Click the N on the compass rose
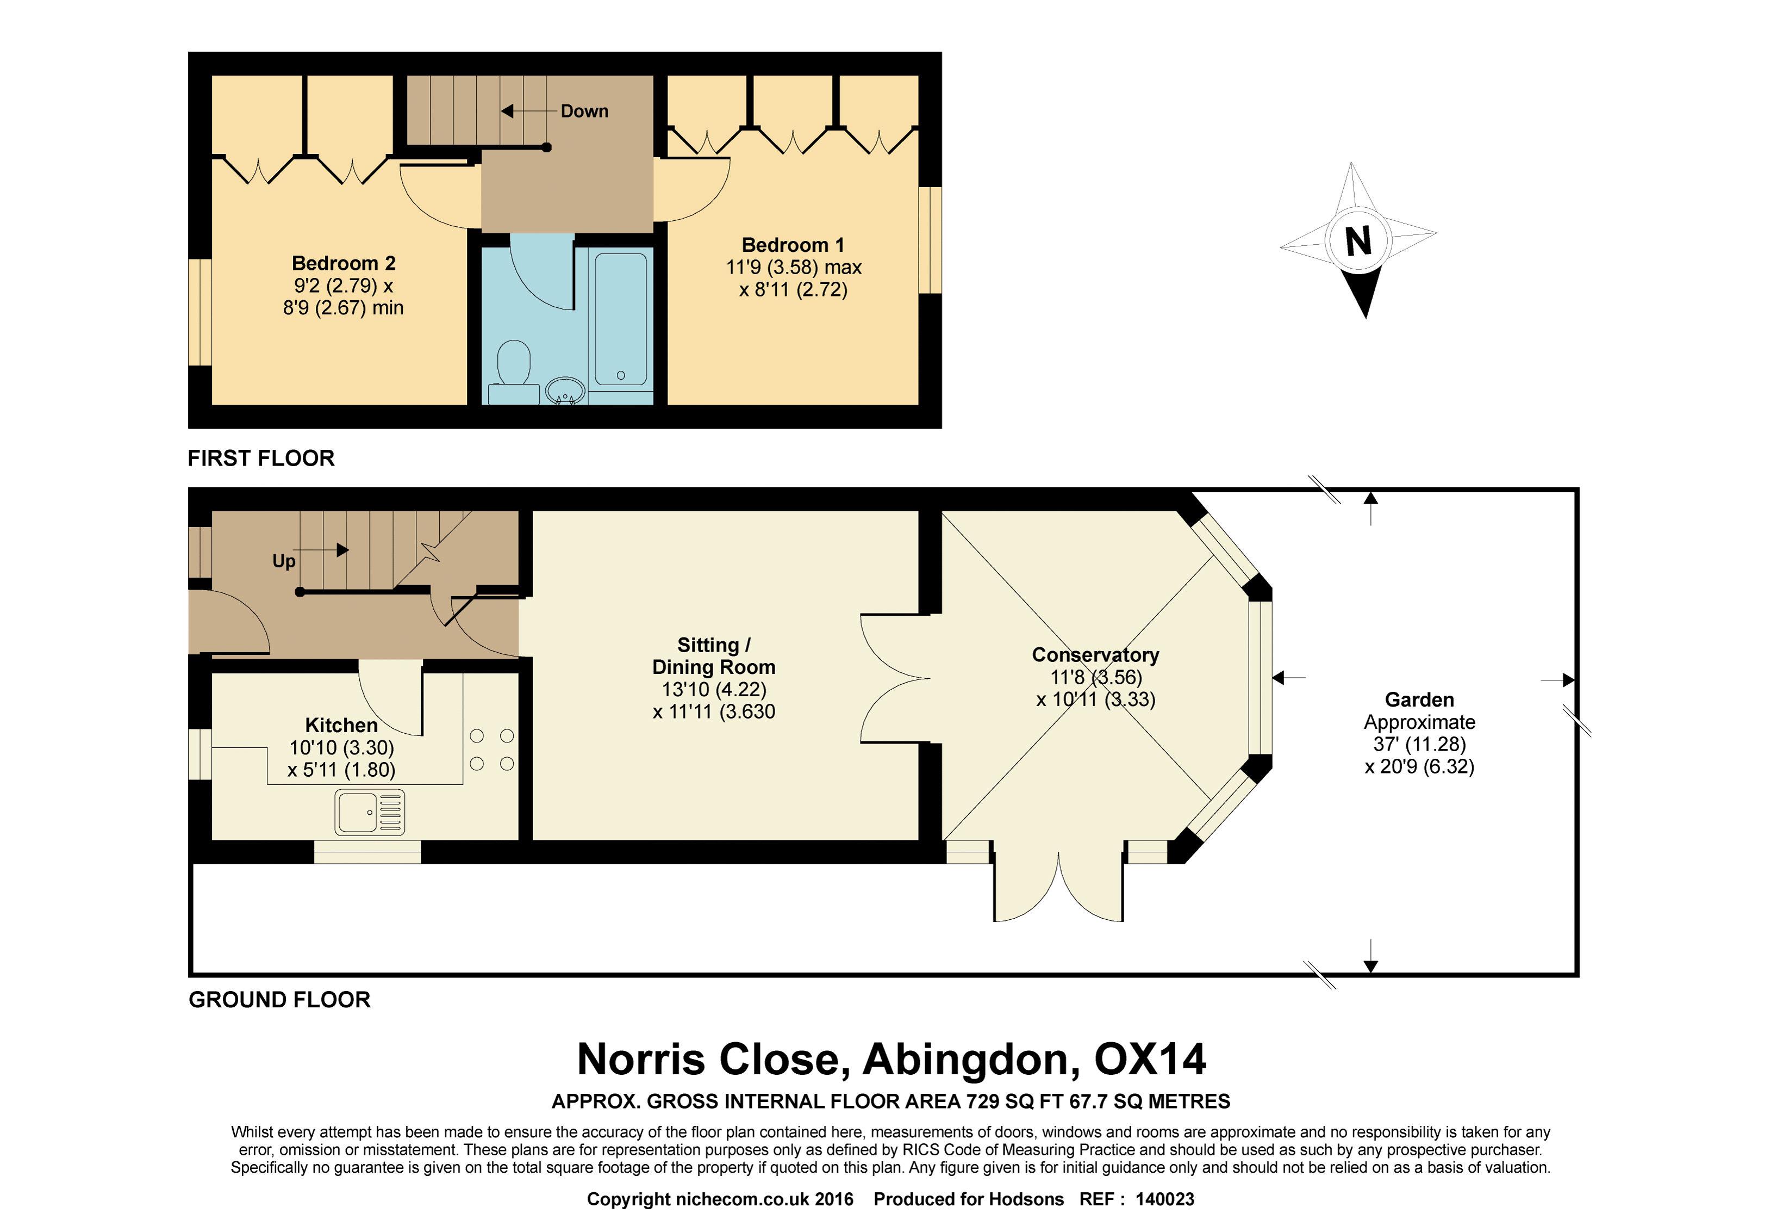pos(1358,241)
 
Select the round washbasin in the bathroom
pos(565,390)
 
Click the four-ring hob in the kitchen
pos(491,750)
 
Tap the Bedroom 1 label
pos(793,245)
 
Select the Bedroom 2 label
pos(344,263)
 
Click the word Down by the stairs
pos(584,111)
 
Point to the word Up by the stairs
pos(284,561)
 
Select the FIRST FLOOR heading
pos(261,459)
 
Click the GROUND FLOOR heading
pos(279,1000)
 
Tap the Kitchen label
pos(341,726)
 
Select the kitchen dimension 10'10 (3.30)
pos(341,748)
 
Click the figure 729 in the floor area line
pos(983,1101)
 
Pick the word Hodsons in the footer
pos(1025,1199)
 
